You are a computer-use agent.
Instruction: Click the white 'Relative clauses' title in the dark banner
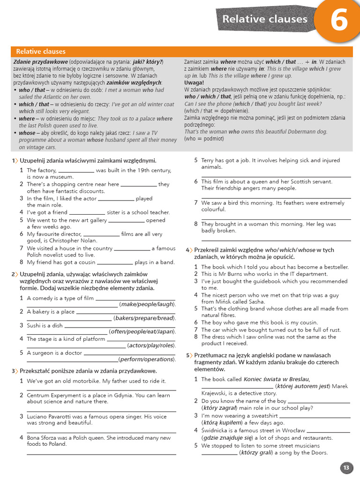[x=265, y=19]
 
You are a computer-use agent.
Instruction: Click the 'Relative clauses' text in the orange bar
[x=41, y=52]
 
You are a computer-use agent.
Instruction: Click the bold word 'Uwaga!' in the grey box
[x=194, y=82]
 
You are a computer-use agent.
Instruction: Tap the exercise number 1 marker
[x=14, y=161]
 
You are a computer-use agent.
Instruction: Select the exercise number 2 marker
[x=14, y=274]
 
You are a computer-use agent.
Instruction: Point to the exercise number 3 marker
[x=14, y=371]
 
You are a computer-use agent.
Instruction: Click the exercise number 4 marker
[x=188, y=250]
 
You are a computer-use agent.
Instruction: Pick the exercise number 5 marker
[x=188, y=355]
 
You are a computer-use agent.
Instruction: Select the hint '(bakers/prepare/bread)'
[x=144, y=318]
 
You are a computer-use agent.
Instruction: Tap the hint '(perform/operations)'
[x=147, y=359]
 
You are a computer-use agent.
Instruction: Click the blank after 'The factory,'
[x=76, y=171]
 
